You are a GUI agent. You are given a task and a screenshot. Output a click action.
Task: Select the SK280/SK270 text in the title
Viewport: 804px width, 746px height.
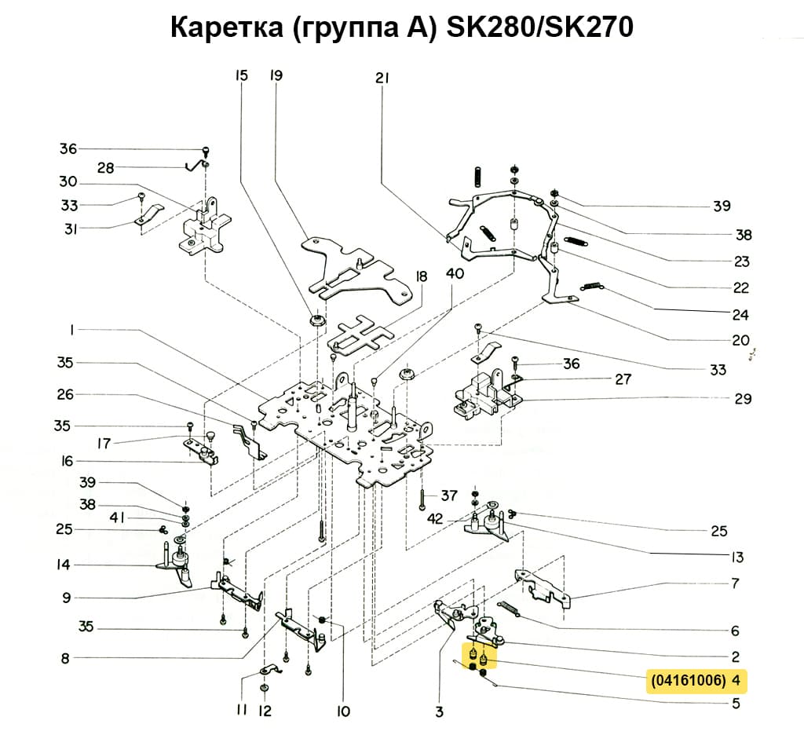click(x=539, y=28)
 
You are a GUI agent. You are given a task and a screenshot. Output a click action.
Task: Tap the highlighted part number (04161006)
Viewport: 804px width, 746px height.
click(x=687, y=679)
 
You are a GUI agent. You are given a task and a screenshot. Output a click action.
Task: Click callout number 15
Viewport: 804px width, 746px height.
click(x=241, y=76)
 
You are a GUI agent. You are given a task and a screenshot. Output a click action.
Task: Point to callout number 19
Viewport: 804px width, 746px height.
click(x=276, y=76)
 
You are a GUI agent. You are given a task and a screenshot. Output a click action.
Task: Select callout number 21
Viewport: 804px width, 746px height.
click(x=382, y=78)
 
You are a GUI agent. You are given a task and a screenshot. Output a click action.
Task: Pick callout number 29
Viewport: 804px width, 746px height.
click(x=743, y=399)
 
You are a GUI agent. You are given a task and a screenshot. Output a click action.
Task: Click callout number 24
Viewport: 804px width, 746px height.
click(x=740, y=316)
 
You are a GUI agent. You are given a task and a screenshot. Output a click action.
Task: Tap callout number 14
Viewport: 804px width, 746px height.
click(x=64, y=565)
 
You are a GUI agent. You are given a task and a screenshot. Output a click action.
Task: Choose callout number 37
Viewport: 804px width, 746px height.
click(x=448, y=496)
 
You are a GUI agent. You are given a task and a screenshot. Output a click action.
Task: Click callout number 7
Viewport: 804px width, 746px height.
click(x=735, y=583)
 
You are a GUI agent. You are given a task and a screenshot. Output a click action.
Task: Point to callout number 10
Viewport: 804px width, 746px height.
click(x=342, y=711)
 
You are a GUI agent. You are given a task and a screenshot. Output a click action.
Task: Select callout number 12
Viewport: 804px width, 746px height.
click(x=265, y=711)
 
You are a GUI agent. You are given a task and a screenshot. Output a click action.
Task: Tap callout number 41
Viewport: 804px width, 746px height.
click(x=117, y=518)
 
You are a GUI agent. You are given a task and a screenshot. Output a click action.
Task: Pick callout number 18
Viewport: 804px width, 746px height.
click(x=422, y=276)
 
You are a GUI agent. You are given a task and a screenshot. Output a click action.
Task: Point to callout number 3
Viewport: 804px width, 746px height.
click(x=439, y=711)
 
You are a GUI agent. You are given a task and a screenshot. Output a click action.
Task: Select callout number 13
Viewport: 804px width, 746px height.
click(x=736, y=558)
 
